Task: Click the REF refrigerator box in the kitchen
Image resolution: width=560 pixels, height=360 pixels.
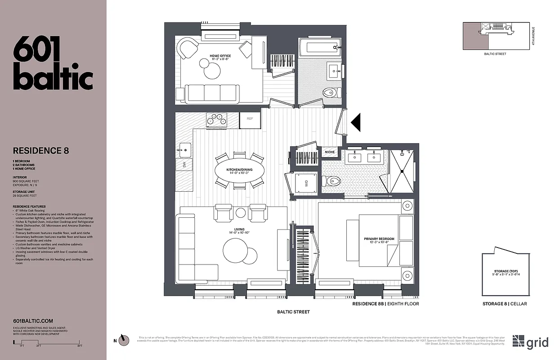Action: [x=250, y=119]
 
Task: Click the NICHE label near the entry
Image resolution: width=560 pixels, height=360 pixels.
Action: [x=330, y=152]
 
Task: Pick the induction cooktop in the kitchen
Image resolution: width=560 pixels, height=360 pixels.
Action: [x=216, y=119]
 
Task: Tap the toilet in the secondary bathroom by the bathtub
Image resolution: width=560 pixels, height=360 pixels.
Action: [x=330, y=92]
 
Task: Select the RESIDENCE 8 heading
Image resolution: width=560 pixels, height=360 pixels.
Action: [x=41, y=151]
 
